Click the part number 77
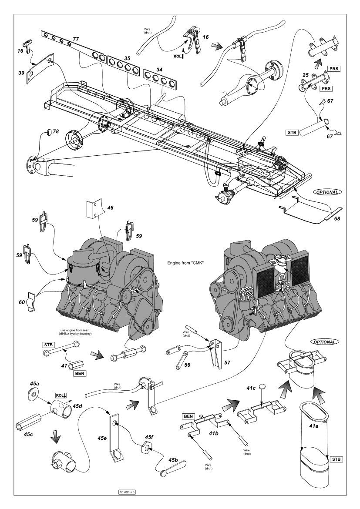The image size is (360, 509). [x=76, y=39]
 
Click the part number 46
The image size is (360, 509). [x=110, y=208]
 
